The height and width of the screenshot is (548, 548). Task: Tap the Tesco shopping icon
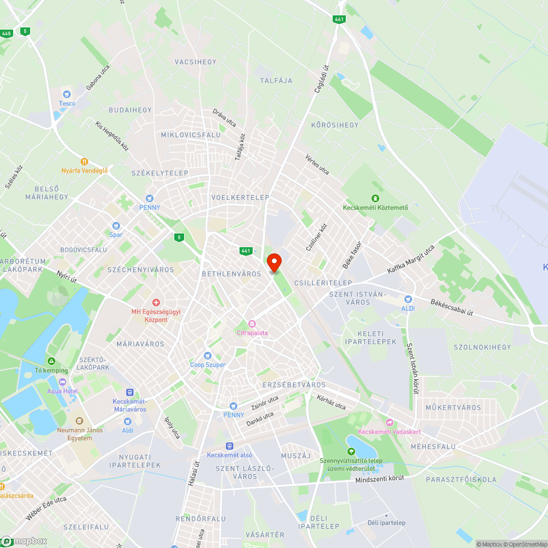[67, 94]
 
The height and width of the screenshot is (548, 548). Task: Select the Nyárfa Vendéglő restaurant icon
[84, 162]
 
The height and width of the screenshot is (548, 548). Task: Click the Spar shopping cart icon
[116, 226]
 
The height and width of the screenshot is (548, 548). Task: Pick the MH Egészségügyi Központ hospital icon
[156, 302]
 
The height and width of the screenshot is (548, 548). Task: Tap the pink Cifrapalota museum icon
[252, 324]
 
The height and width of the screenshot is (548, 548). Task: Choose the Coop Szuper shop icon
[208, 356]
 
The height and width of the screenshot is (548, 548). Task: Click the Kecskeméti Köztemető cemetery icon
[375, 198]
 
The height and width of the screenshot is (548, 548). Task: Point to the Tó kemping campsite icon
[51, 361]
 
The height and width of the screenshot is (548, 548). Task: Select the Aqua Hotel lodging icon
[62, 381]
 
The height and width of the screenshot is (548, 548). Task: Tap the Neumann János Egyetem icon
[79, 421]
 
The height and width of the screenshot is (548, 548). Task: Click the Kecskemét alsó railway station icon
[230, 446]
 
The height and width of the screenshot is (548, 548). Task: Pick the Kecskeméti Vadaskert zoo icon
[390, 422]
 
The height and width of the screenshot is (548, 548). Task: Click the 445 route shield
[7, 33]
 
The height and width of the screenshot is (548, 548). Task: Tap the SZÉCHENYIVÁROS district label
[141, 270]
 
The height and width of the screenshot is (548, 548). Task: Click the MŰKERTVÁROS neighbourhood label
[453, 407]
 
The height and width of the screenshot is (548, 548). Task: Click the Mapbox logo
[25, 540]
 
